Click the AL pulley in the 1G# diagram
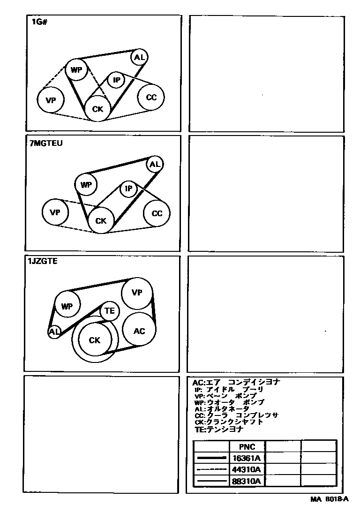[139, 57]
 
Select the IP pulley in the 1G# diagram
[116, 80]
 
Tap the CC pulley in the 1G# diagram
[151, 97]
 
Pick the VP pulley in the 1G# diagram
[51, 100]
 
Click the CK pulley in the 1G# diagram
[97, 108]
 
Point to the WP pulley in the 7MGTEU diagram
[86, 185]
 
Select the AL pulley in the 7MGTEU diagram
[155, 164]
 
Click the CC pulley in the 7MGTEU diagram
[157, 213]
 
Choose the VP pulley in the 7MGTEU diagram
[55, 212]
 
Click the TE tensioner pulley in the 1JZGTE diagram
[109, 310]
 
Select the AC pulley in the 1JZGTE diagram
[139, 330]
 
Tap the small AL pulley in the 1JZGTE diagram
[54, 332]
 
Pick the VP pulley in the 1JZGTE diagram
[137, 292]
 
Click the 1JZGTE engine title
[43, 261]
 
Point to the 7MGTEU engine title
[46, 143]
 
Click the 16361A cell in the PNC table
[247, 458]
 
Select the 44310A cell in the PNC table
[247, 469]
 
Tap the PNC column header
[247, 446]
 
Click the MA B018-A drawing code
[330, 499]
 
